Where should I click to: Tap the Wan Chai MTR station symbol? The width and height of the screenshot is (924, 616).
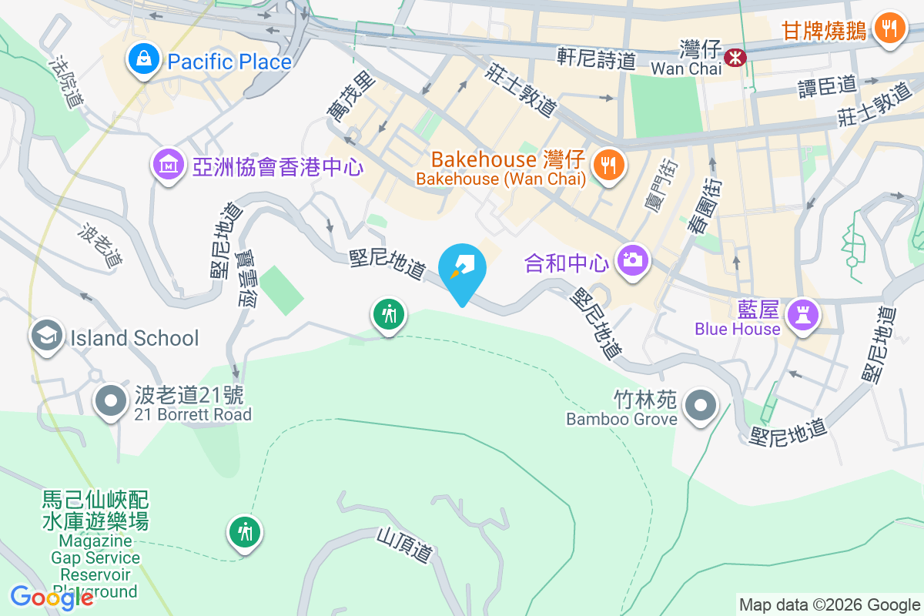click(735, 55)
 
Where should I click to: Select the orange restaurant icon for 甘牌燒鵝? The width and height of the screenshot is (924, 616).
click(889, 28)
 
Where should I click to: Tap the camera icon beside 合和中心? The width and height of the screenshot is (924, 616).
click(633, 260)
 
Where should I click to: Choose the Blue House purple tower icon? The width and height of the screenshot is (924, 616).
click(802, 314)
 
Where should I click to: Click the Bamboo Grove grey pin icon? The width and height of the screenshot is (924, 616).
click(701, 404)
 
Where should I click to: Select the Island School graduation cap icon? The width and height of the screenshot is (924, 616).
click(47, 336)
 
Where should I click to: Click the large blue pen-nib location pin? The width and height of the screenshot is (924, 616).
click(462, 269)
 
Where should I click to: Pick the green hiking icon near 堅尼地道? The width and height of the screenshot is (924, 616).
click(389, 314)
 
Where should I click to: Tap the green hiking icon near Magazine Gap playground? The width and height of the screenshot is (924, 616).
click(245, 532)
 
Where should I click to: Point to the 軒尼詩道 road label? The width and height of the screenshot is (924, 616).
click(597, 59)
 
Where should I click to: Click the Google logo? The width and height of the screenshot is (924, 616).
click(50, 597)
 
